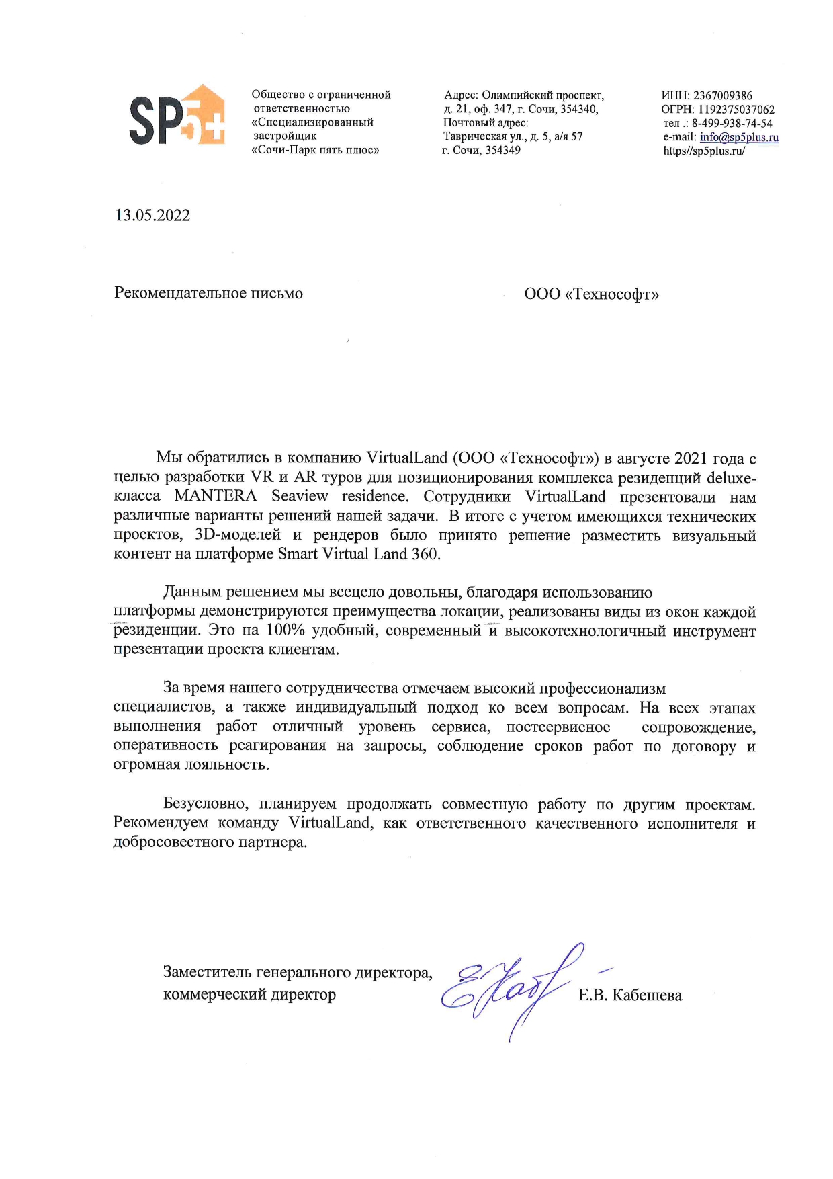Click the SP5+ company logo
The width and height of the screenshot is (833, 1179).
pyautogui.click(x=177, y=115)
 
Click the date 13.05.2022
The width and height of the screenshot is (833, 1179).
pyautogui.click(x=152, y=216)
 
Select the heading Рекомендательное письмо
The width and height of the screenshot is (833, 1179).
pyautogui.click(x=208, y=293)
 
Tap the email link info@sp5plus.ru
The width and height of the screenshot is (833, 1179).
pyautogui.click(x=739, y=137)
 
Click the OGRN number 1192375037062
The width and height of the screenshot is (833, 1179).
pyautogui.click(x=736, y=110)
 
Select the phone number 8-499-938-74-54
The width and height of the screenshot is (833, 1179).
pyautogui.click(x=732, y=124)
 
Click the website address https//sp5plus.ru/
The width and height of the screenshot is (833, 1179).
pyautogui.click(x=704, y=151)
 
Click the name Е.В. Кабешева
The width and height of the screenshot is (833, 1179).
pyautogui.click(x=630, y=995)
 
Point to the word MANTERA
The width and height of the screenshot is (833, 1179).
pyautogui.click(x=216, y=497)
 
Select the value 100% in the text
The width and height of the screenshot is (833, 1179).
pyautogui.click(x=286, y=631)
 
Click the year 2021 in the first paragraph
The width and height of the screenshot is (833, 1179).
pyautogui.click(x=691, y=458)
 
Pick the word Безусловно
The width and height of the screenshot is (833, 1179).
pyautogui.click(x=206, y=805)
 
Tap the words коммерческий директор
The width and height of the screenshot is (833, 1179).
pyautogui.click(x=249, y=995)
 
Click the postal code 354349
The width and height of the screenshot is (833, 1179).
pyautogui.click(x=503, y=151)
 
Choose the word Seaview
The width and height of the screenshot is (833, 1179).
pyautogui.click(x=300, y=497)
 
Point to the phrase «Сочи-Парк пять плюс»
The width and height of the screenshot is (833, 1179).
pyautogui.click(x=315, y=151)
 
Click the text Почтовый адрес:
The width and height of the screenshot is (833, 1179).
pyautogui.click(x=486, y=123)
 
